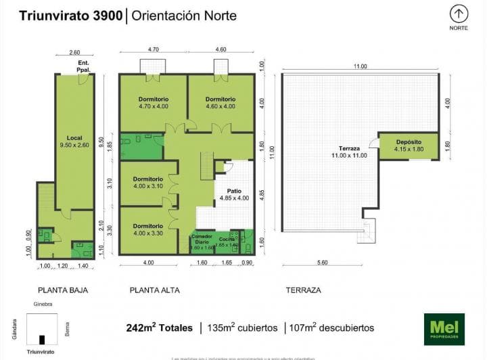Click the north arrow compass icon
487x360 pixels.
pos(459,14)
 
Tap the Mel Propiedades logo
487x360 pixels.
pos(444,328)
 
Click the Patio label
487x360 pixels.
pos(234,194)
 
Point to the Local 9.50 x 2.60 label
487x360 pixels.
pos(74,141)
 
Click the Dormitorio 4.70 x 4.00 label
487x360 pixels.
pos(153,102)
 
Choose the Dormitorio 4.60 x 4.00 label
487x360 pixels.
pos(220,102)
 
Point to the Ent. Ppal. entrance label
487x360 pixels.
pos(83,66)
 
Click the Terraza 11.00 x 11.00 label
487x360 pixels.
pos(349,152)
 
